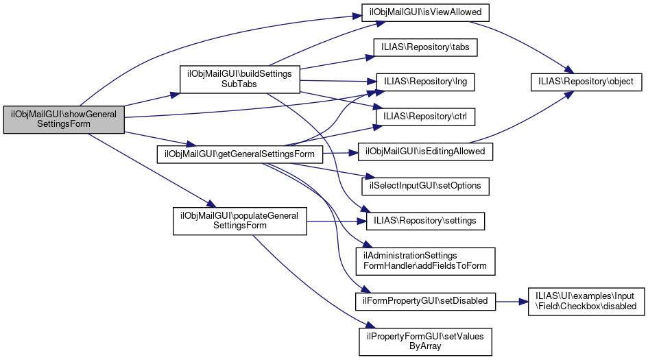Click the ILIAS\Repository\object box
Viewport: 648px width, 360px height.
pyautogui.click(x=586, y=82)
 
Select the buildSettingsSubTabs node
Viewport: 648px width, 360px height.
pyautogui.click(x=239, y=80)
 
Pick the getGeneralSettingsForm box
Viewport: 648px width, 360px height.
pyautogui.click(x=239, y=153)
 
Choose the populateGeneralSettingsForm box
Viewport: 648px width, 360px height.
pyautogui.click(x=239, y=220)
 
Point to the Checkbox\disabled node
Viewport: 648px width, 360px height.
pyautogui.click(x=586, y=300)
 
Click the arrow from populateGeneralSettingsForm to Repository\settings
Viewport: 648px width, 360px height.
pyautogui.click(x=336, y=221)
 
